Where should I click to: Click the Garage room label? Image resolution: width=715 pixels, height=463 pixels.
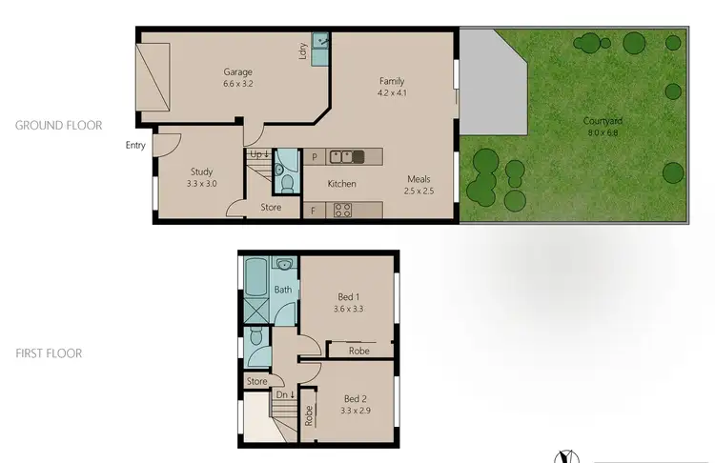(x=237, y=71)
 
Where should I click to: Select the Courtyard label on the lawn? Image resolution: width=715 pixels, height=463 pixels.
(x=603, y=121)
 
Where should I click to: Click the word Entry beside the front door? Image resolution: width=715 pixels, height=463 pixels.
(x=135, y=145)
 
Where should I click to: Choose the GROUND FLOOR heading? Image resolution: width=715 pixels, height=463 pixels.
(x=58, y=125)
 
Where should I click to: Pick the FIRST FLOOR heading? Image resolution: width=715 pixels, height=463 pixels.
(x=49, y=353)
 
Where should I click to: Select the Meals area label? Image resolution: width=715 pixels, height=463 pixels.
(x=420, y=179)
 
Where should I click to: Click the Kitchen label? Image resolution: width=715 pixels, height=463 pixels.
(x=342, y=184)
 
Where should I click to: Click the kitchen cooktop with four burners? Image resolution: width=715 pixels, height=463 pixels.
(x=343, y=210)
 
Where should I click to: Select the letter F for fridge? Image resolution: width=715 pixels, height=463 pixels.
(x=312, y=210)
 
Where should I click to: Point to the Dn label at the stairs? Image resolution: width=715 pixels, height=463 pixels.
(x=283, y=394)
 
